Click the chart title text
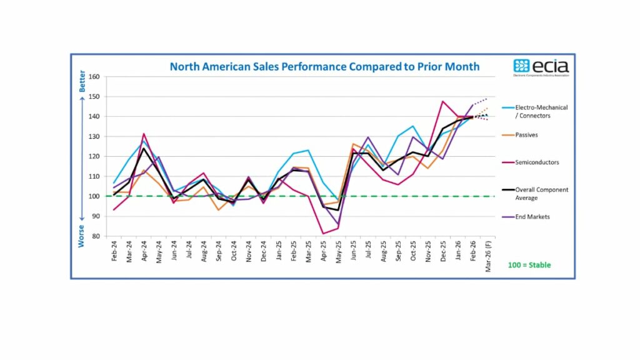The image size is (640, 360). (x=324, y=66)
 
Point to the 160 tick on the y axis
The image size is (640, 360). (x=94, y=77)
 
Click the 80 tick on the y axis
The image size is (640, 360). (x=96, y=236)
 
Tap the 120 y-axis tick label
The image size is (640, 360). (x=94, y=156)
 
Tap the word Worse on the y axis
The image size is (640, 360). (x=82, y=236)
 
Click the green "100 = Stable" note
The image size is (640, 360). (x=529, y=265)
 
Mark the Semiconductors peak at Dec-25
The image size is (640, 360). (x=442, y=101)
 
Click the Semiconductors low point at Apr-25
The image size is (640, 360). (x=323, y=234)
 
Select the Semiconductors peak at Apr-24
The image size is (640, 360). (x=144, y=134)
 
